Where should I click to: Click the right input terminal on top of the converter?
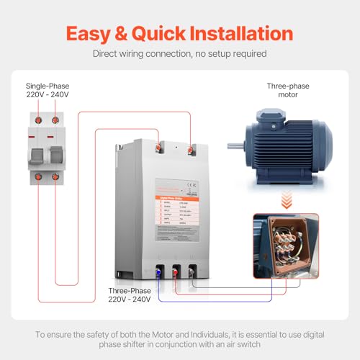click(190, 150)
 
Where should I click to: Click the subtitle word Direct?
click(107, 54)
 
